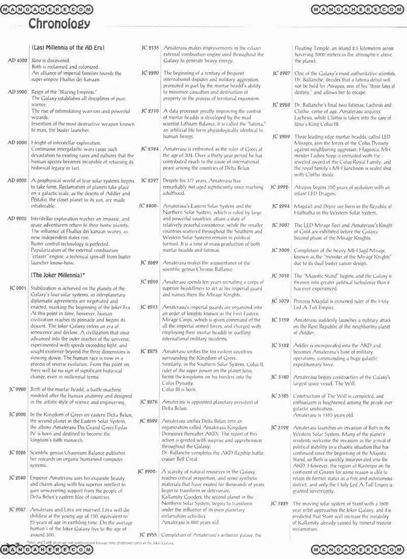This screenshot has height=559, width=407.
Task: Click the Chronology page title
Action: click(x=59, y=23)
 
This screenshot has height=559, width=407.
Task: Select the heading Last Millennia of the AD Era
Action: click(x=67, y=47)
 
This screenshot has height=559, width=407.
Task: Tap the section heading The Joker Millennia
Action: click(x=57, y=275)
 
